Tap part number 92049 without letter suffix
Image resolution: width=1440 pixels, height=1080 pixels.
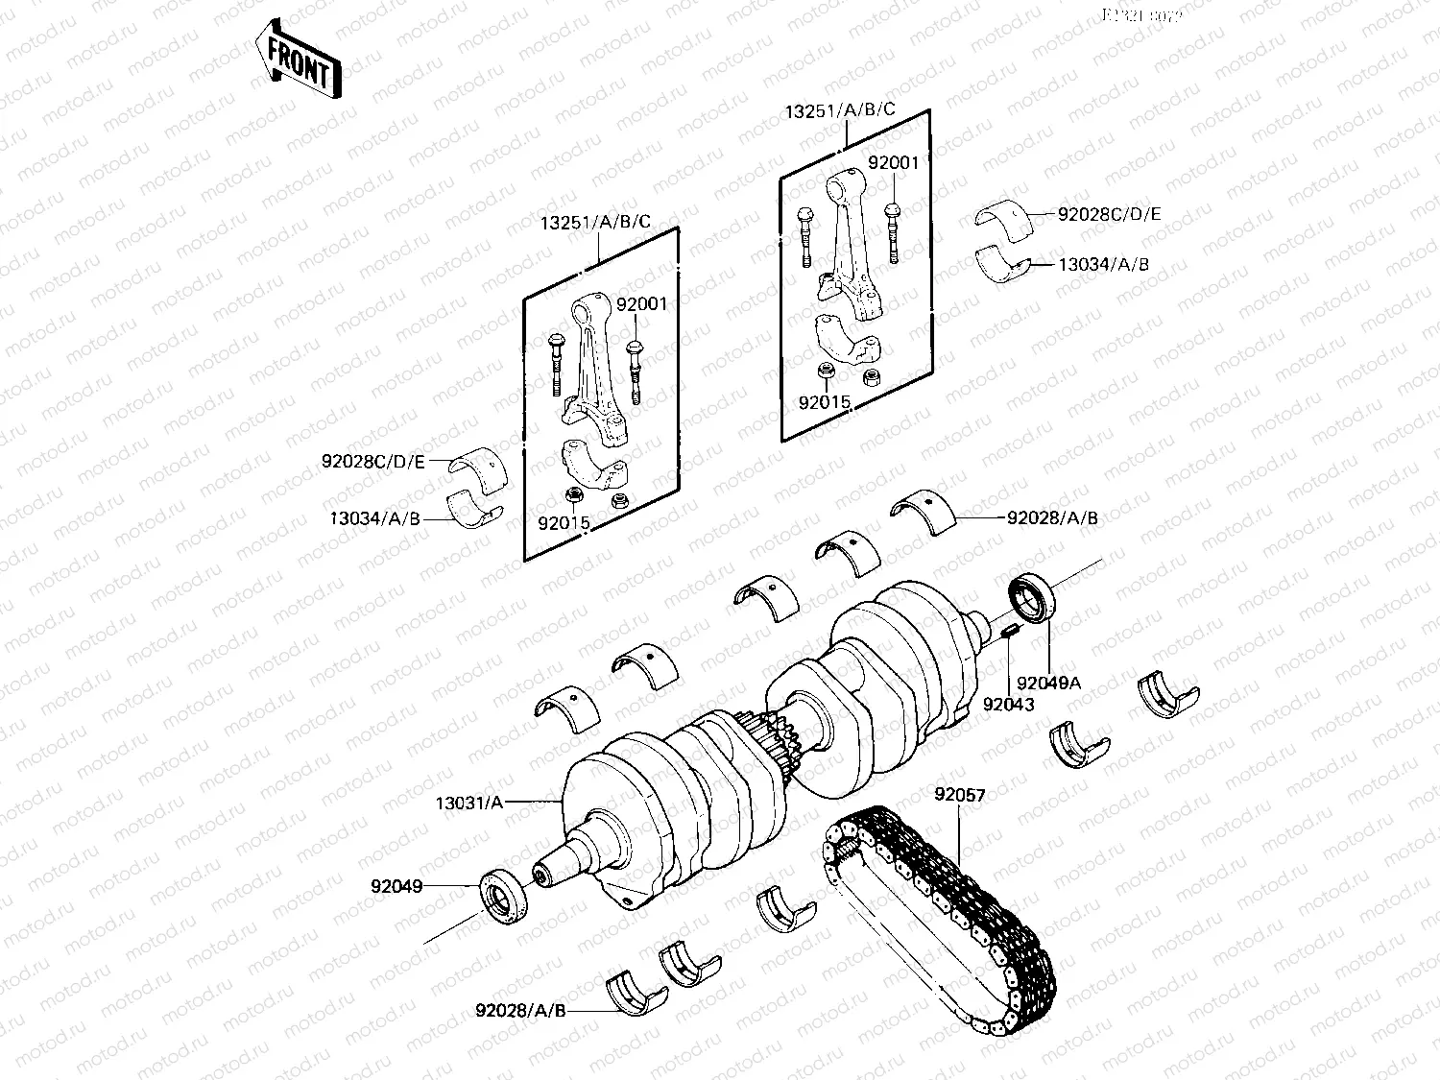pyautogui.click(x=396, y=886)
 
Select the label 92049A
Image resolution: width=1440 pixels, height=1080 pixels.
pyautogui.click(x=1048, y=684)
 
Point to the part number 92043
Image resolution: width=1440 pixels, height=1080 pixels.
pyautogui.click(x=1008, y=705)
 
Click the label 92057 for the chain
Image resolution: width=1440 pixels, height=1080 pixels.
pyautogui.click(x=960, y=795)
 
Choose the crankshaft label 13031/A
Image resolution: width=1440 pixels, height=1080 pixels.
pyautogui.click(x=468, y=803)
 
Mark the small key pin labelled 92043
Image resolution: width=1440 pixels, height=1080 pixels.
pyautogui.click(x=1009, y=631)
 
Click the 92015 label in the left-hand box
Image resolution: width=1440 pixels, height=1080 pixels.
pyautogui.click(x=564, y=523)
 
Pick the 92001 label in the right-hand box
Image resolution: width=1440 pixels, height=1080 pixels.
pyautogui.click(x=893, y=163)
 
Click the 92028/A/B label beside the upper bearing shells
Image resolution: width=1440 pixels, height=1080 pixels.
pyautogui.click(x=1052, y=517)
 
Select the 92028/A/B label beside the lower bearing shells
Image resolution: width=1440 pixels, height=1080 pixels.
pyautogui.click(x=520, y=1010)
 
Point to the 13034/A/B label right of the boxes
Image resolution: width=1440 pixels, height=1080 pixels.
pyautogui.click(x=1103, y=264)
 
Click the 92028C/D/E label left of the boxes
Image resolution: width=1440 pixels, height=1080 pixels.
pyautogui.click(x=372, y=462)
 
